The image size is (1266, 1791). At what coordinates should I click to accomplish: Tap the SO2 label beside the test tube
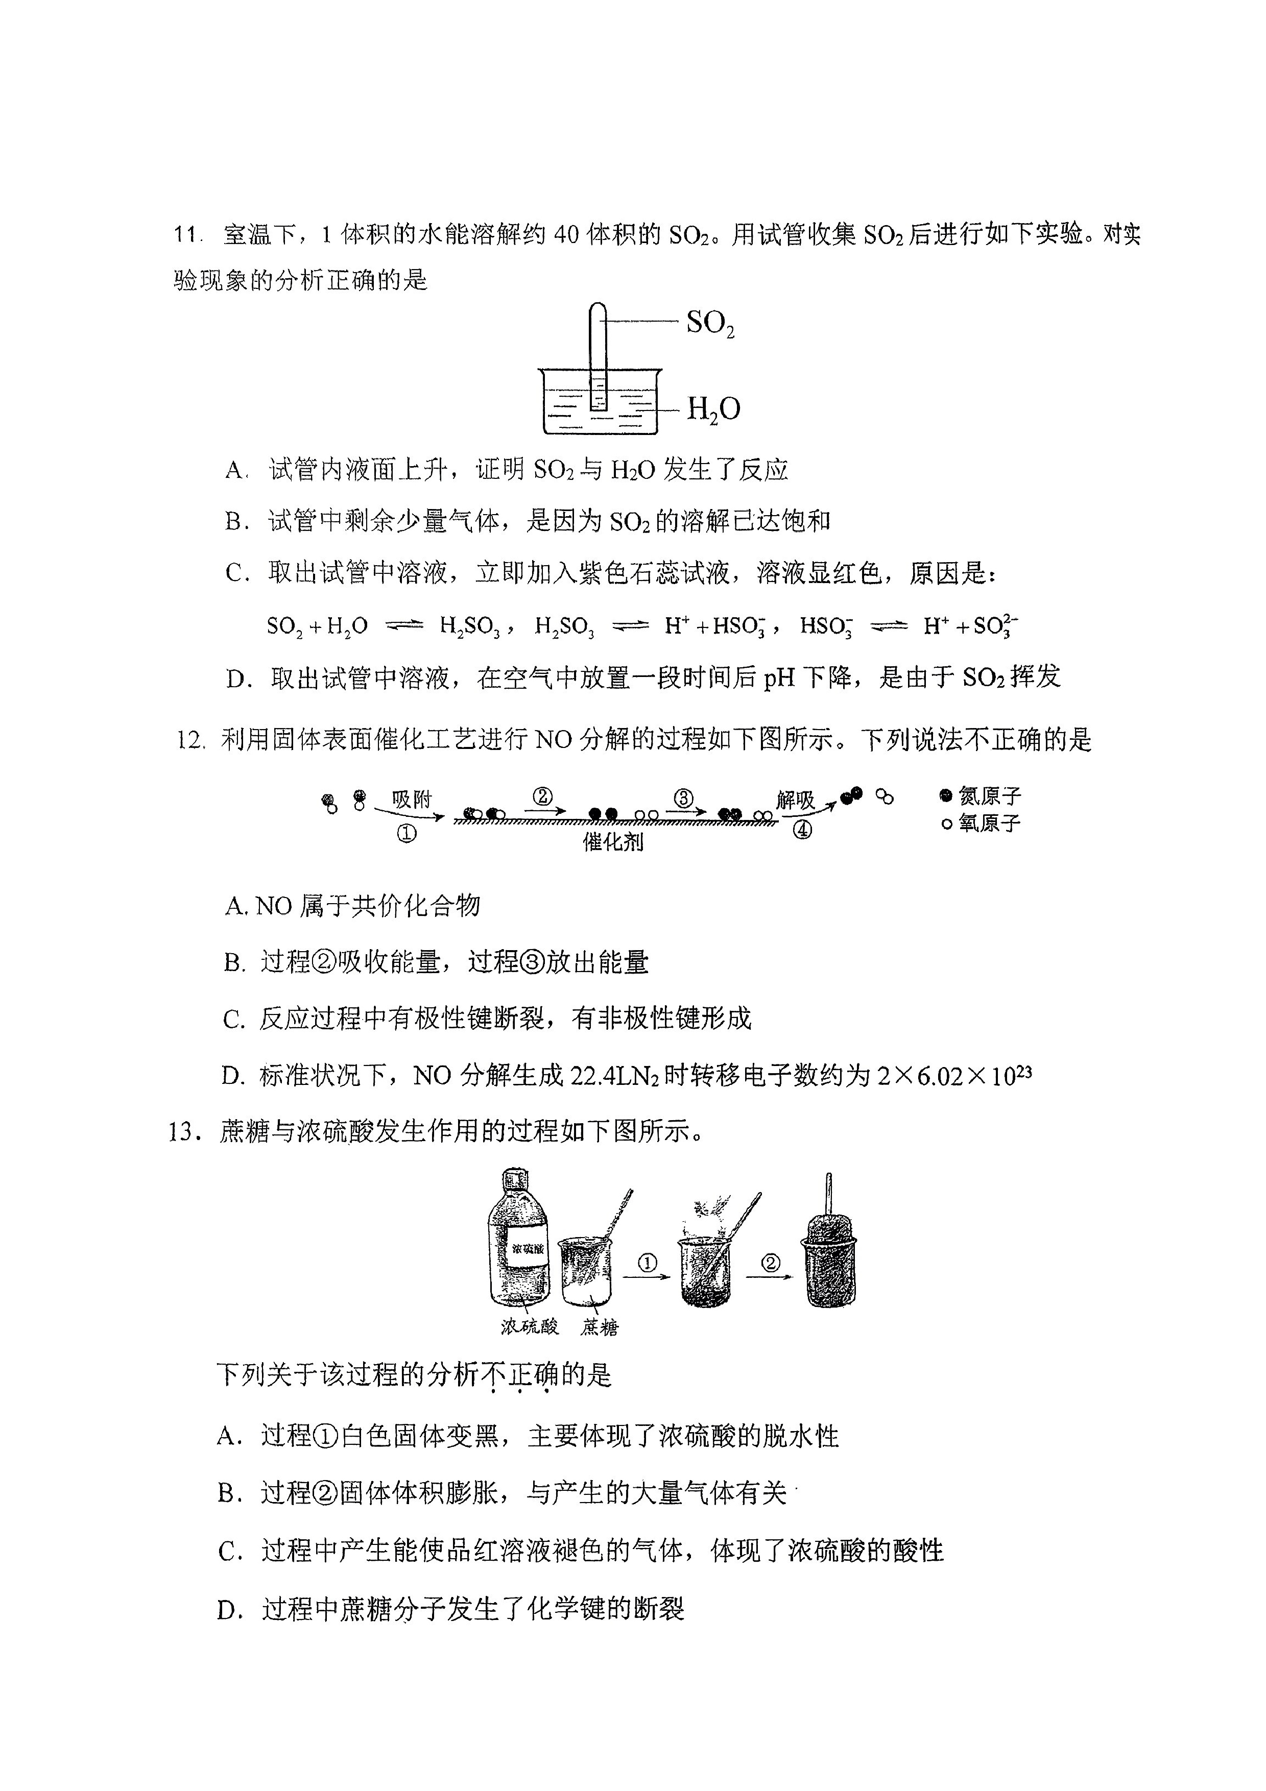(x=710, y=323)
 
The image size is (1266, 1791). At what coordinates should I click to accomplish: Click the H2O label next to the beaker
(x=713, y=409)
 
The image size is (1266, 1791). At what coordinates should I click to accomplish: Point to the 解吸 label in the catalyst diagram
(x=795, y=800)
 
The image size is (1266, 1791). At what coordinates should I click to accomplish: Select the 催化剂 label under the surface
(x=613, y=842)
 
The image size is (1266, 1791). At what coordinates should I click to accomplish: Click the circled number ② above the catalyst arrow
(x=543, y=796)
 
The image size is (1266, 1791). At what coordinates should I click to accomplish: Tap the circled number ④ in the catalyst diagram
(x=802, y=830)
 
